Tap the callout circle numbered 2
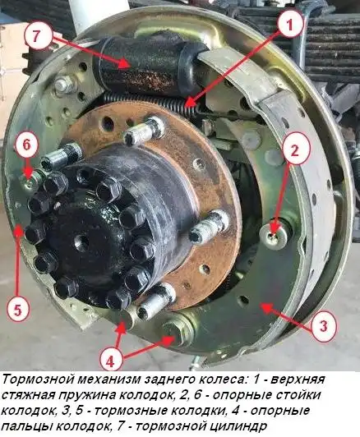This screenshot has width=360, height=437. coord(298,149)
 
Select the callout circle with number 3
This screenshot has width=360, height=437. coord(324,326)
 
